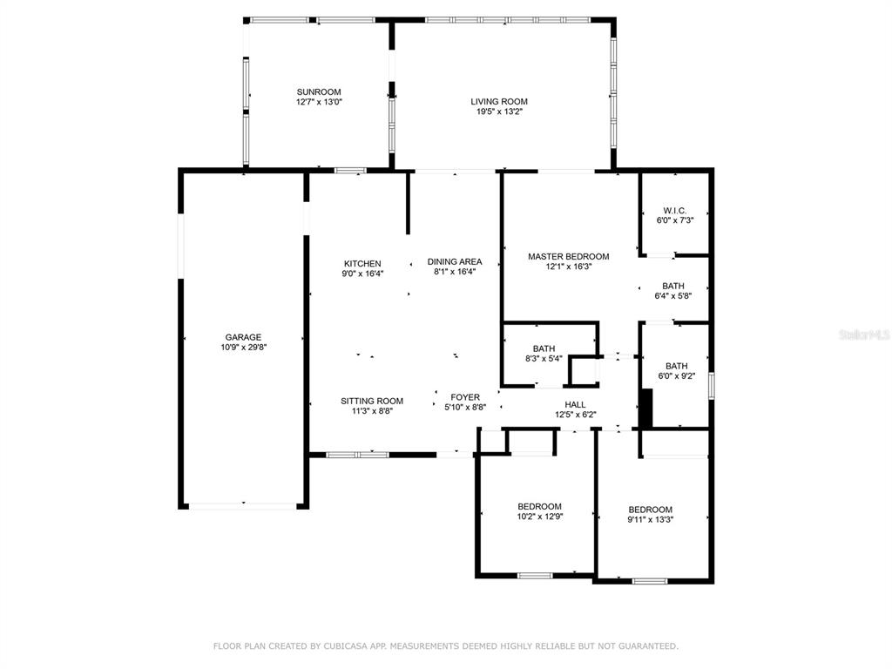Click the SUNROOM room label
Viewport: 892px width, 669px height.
[319, 92]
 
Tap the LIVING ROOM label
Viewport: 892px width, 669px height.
[499, 102]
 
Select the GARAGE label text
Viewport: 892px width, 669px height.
[243, 337]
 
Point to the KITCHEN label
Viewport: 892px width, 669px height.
[362, 264]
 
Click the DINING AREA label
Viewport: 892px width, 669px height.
[455, 261]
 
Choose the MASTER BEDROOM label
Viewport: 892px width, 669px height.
[568, 257]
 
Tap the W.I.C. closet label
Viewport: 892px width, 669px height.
[675, 211]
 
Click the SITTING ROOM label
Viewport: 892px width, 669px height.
[372, 401]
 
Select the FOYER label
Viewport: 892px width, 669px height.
[465, 397]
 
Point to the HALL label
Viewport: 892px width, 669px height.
[575, 404]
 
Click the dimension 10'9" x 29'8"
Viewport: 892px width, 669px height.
[244, 347]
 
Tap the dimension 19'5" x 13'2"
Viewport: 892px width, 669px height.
[499, 111]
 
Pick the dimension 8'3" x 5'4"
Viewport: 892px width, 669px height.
[544, 358]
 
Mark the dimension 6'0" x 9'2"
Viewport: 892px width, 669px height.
[676, 376]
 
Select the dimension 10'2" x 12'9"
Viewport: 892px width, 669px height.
[540, 517]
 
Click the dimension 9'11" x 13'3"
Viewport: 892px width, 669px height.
[650, 519]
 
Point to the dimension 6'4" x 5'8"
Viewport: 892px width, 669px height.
[673, 296]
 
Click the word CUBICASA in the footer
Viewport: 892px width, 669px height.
[344, 646]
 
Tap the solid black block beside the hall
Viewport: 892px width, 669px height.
[645, 409]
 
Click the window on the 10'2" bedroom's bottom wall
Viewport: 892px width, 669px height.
[535, 576]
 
